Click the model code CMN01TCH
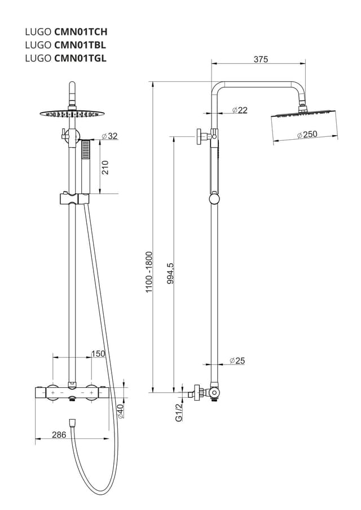pyautogui.click(x=80, y=32)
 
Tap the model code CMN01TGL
pyautogui.click(x=80, y=57)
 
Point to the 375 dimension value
pyautogui.click(x=260, y=59)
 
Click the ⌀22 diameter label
pyautogui.click(x=240, y=110)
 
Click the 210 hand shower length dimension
pyautogui.click(x=105, y=167)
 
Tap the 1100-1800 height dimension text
pyautogui.click(x=149, y=272)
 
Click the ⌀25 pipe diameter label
pyautogui.click(x=237, y=361)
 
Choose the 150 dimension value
pyautogui.click(x=98, y=353)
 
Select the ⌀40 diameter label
pyautogui.click(x=120, y=410)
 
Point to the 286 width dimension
pyautogui.click(x=59, y=434)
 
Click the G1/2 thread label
pyautogui.click(x=179, y=413)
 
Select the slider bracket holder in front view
pyautogui.click(x=73, y=198)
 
